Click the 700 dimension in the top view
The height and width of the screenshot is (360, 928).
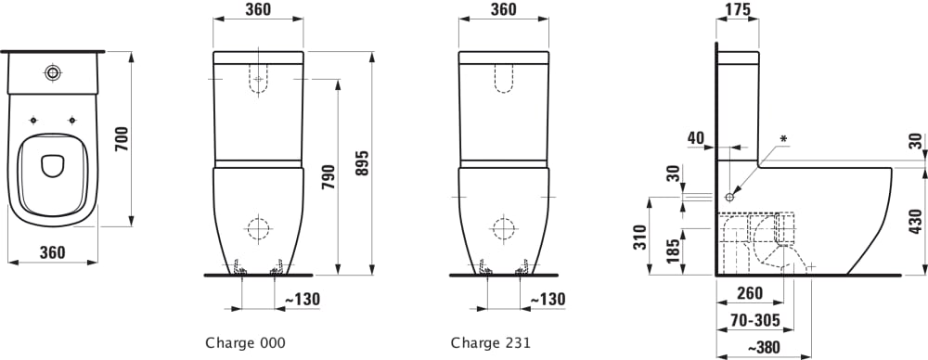pos(121,138)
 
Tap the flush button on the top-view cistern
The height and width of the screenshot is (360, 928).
pos(53,72)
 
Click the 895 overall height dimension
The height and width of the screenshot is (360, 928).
pos(362,162)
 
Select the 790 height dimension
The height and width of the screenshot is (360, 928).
pos(329,176)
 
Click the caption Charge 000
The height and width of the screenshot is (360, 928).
pos(245,342)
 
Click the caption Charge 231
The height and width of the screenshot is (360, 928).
pos(491,342)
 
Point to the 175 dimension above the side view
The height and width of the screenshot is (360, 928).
pos(737,9)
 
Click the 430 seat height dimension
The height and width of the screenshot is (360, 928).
pos(916,222)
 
